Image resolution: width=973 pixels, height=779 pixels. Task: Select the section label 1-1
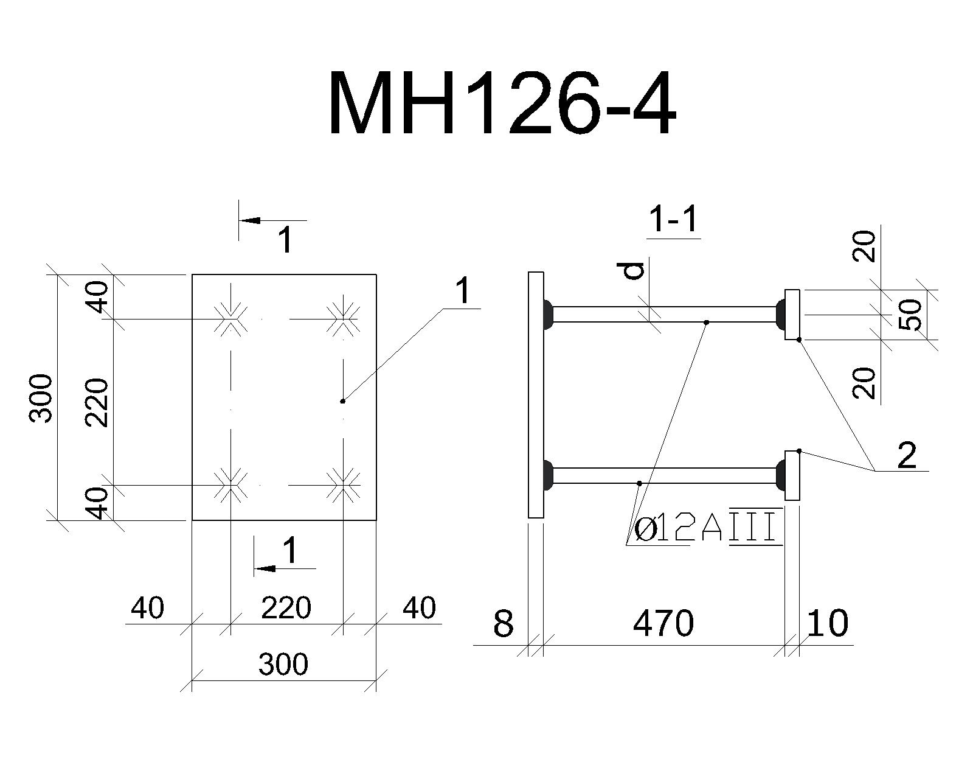tap(673, 220)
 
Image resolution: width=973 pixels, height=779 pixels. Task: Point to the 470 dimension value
tap(663, 623)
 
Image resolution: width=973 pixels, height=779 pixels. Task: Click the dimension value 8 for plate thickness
tap(504, 623)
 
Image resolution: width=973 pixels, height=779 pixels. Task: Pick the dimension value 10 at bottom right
tap(827, 623)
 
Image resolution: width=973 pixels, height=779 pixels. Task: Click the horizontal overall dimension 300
tap(283, 664)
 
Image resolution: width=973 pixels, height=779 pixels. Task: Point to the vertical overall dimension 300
tap(41, 399)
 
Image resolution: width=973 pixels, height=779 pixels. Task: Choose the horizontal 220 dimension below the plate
tap(286, 608)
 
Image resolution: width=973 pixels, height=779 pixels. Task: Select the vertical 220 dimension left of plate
tap(97, 403)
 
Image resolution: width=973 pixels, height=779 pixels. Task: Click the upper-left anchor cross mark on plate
tap(230, 319)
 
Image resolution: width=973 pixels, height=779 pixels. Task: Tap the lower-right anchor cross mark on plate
tap(343, 485)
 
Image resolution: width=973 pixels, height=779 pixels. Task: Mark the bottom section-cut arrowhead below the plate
tap(265, 568)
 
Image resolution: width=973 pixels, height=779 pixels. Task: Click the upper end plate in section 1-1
tap(792, 315)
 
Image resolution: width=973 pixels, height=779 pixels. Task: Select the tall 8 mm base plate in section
tap(536, 395)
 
